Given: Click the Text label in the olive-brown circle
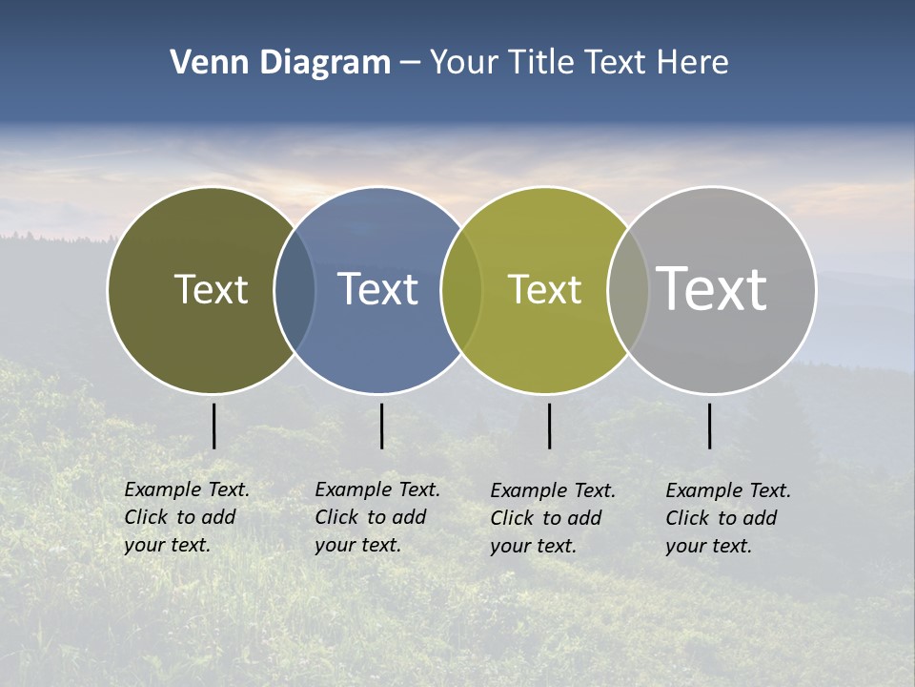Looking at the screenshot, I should (211, 289).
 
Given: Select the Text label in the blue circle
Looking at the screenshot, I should (377, 289).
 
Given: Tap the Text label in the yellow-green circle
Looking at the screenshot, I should (544, 289).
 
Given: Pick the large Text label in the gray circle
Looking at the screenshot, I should (711, 288).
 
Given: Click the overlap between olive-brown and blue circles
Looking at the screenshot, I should (295, 289).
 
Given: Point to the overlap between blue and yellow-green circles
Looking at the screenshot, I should (461, 289).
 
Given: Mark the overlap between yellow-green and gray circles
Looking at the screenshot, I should (628, 289).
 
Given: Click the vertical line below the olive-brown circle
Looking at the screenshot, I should (213, 426).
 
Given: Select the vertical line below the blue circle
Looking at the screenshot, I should (381, 426).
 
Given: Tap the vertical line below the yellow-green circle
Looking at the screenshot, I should (549, 426).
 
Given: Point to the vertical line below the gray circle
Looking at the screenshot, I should (709, 426).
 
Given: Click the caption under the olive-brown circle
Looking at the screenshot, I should (187, 517).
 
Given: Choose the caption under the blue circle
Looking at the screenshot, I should (377, 517).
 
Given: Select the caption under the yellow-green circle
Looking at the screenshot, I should (553, 518).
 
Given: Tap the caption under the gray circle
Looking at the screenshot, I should (728, 518).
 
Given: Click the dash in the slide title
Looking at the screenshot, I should (410, 64).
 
